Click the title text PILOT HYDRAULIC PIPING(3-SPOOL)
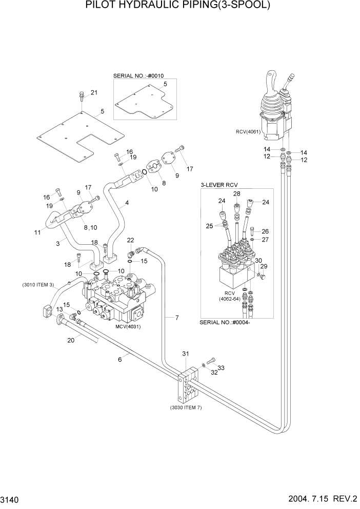click(179, 6)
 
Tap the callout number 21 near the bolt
click(94, 92)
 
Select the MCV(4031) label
click(128, 326)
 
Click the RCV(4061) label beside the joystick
click(249, 131)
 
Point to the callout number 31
click(185, 354)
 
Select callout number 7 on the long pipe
click(176, 318)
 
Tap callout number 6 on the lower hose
click(120, 360)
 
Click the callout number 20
click(71, 340)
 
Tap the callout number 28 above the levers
click(237, 193)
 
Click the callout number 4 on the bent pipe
click(127, 203)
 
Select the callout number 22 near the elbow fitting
click(130, 240)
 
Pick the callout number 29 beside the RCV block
click(264, 266)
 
